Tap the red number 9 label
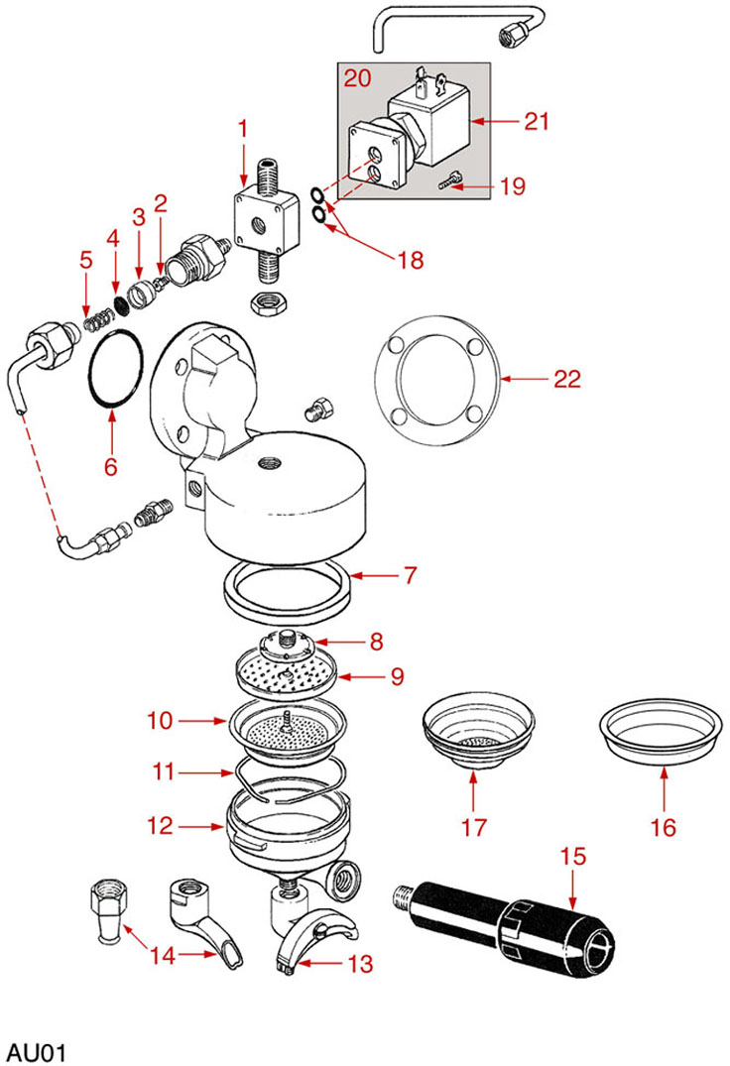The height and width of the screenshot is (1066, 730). click(x=395, y=676)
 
